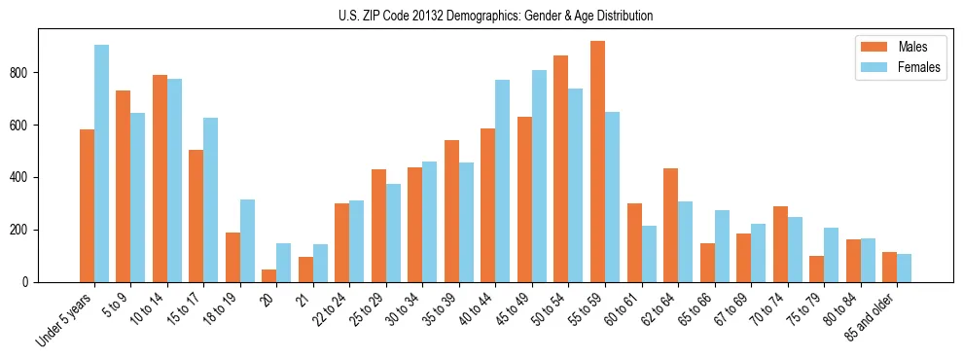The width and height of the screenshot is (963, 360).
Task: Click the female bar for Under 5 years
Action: click(101, 163)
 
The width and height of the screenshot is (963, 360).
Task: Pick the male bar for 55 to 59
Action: click(597, 162)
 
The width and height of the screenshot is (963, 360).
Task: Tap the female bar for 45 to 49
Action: click(539, 176)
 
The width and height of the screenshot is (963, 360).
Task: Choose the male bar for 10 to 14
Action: click(160, 178)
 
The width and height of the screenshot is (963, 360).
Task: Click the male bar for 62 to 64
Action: click(670, 225)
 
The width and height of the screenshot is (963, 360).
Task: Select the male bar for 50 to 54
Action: click(560, 168)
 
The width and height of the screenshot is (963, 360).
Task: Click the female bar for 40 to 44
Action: click(502, 181)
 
